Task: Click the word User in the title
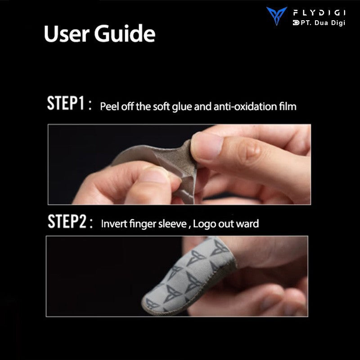(66, 34)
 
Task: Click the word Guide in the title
(125, 33)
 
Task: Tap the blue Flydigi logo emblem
(276, 16)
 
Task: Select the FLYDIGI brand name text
(319, 13)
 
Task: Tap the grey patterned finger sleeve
(188, 275)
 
